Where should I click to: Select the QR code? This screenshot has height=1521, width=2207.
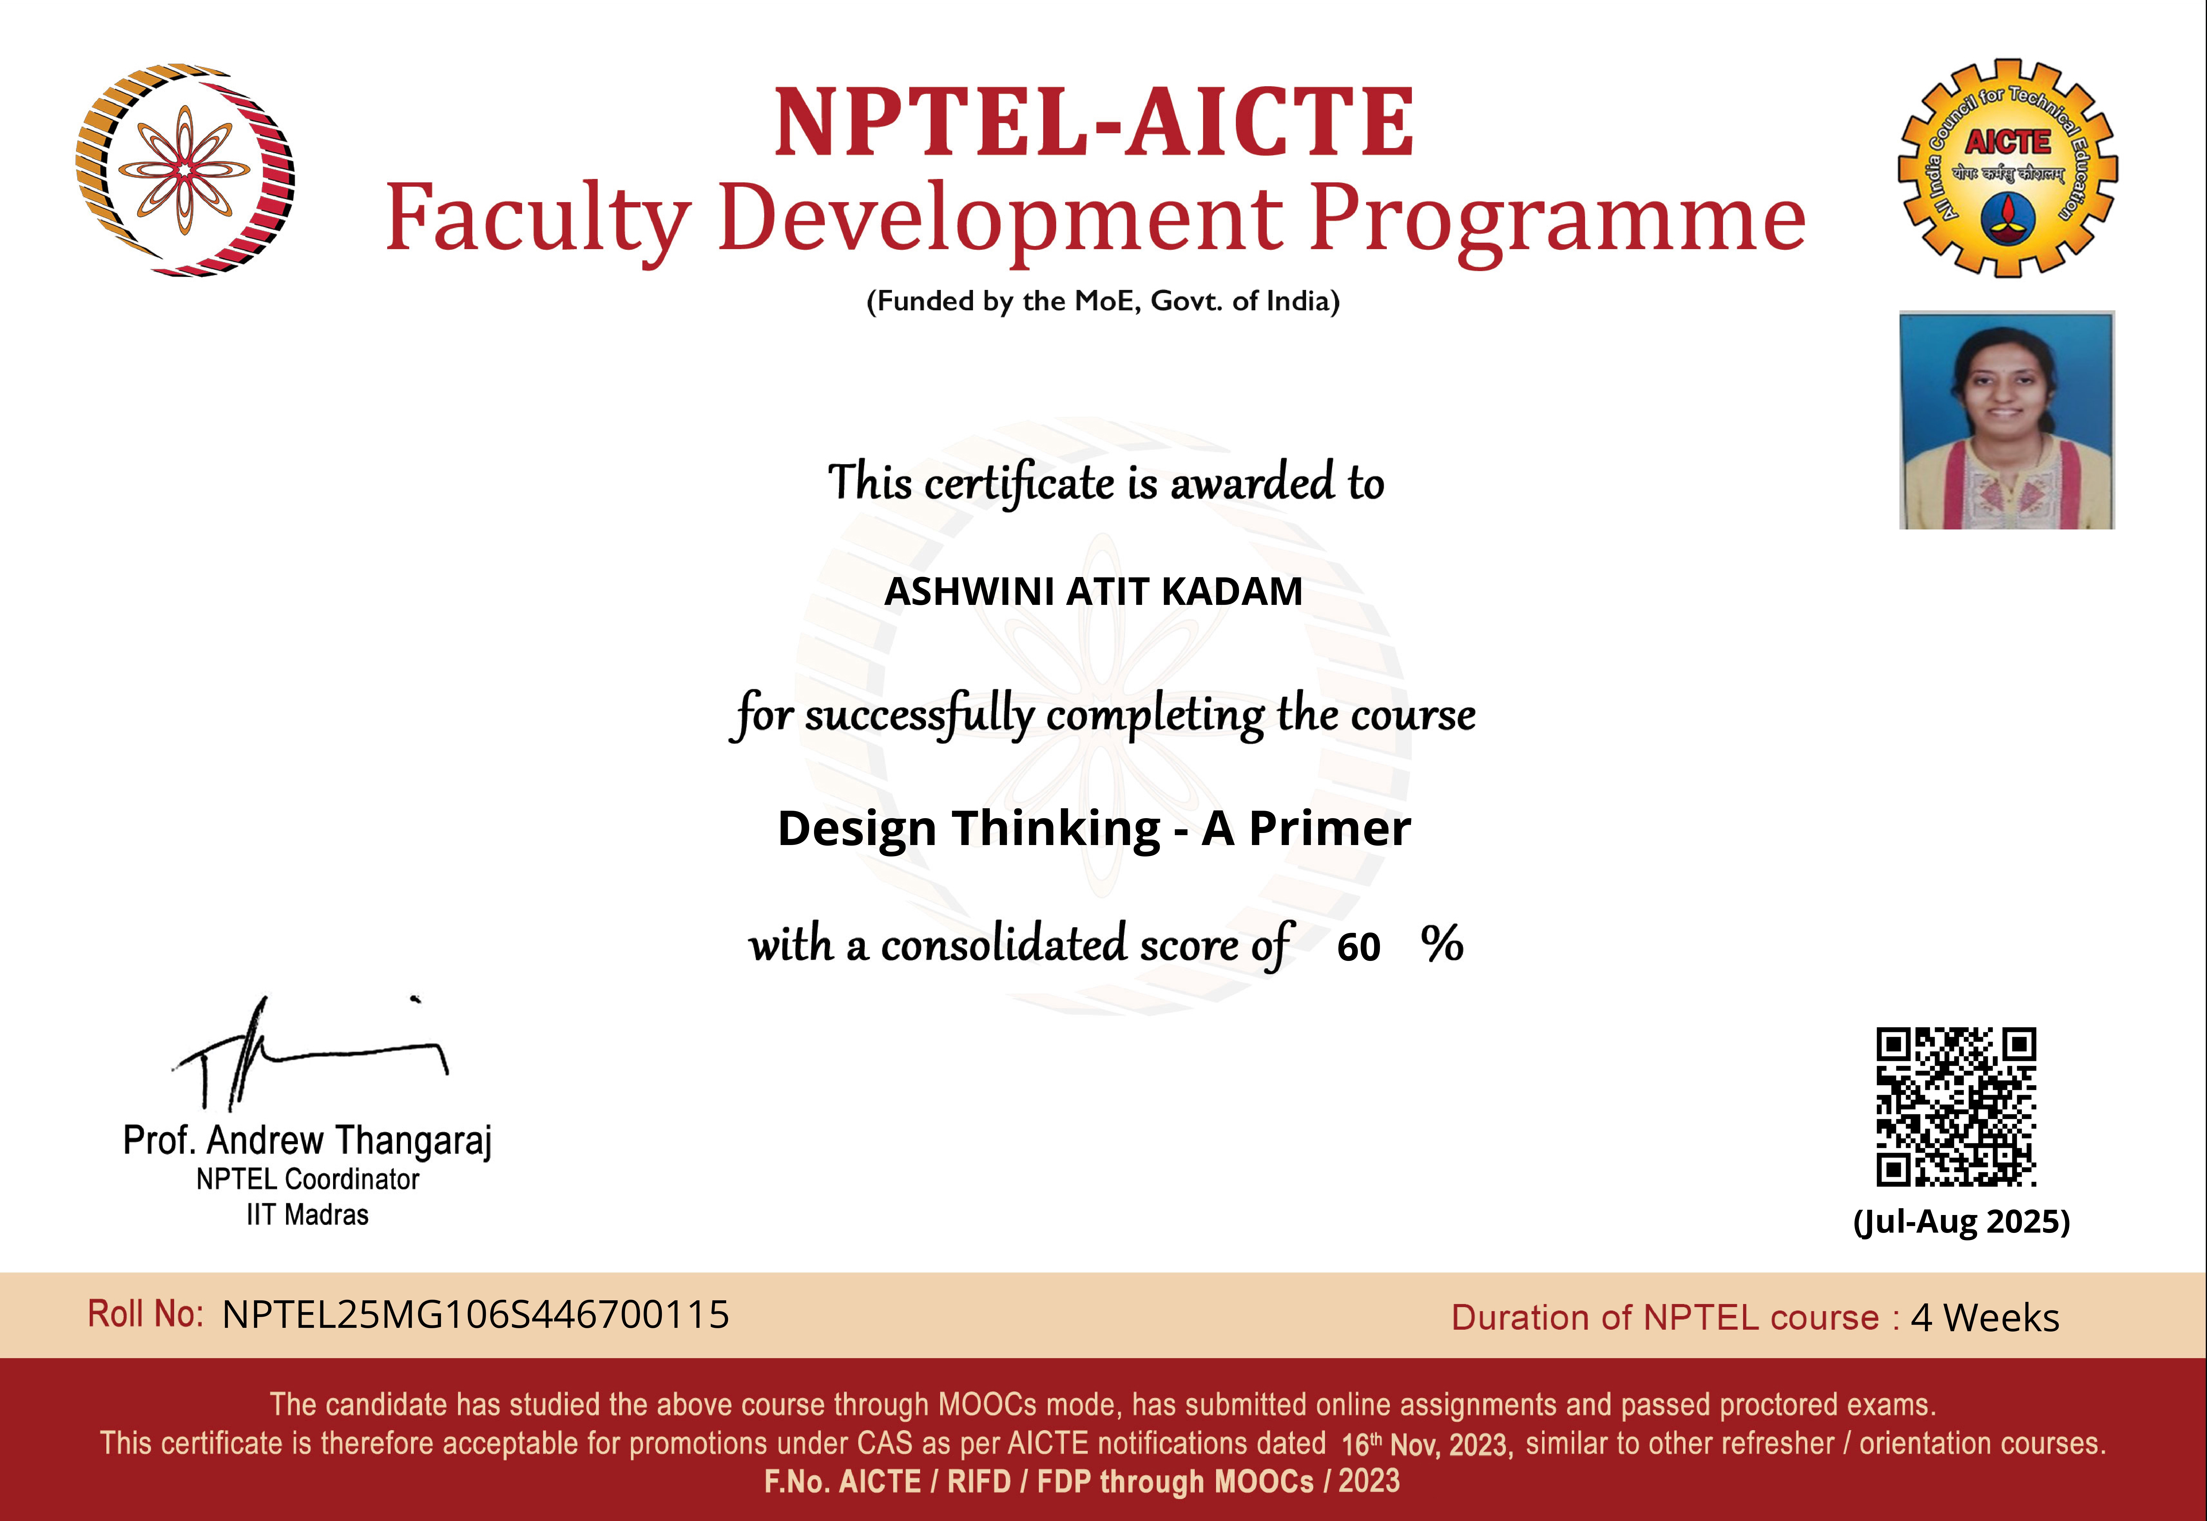[1956, 1107]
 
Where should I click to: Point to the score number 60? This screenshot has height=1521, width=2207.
[1359, 947]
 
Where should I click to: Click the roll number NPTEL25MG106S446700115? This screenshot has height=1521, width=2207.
[476, 1315]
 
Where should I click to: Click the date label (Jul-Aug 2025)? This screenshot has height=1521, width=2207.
[1961, 1222]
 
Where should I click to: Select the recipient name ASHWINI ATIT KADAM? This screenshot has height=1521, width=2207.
[1094, 592]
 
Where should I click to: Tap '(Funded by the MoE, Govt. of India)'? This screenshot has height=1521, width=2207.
[1103, 301]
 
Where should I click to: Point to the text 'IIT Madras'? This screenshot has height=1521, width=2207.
[307, 1215]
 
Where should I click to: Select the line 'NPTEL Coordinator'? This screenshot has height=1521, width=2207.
[307, 1180]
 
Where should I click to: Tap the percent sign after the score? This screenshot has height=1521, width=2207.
[1442, 945]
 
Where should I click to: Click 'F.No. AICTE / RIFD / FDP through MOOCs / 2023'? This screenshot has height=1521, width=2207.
[1082, 1481]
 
